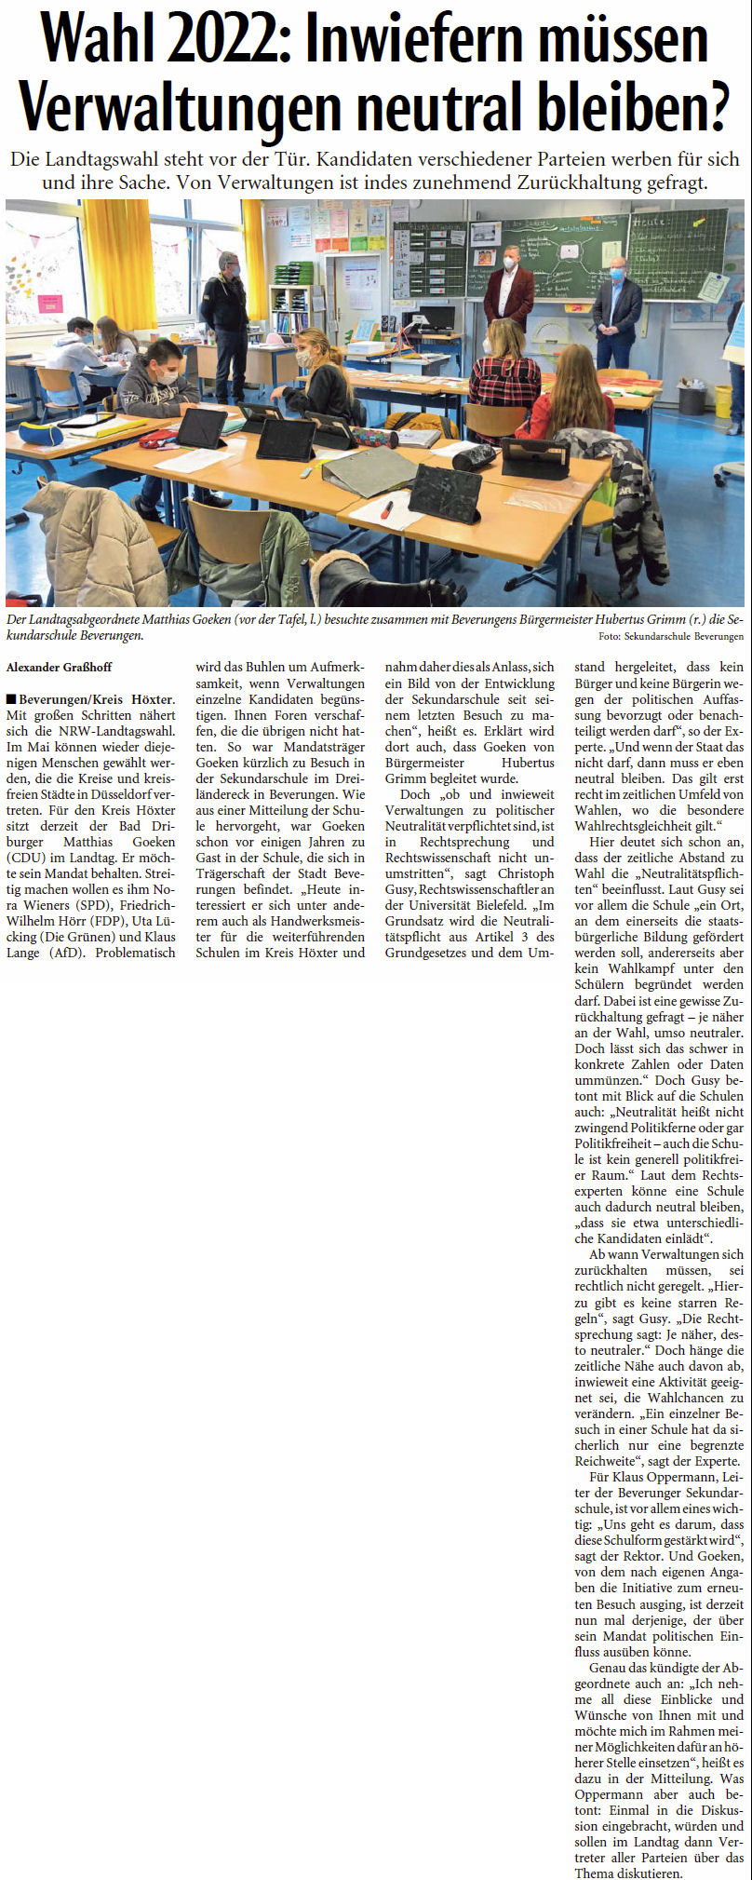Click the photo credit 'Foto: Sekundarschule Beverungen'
point(670,637)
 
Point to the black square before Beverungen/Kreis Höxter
point(11,698)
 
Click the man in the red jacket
point(508,288)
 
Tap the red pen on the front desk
point(386,508)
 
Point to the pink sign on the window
point(49,304)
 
